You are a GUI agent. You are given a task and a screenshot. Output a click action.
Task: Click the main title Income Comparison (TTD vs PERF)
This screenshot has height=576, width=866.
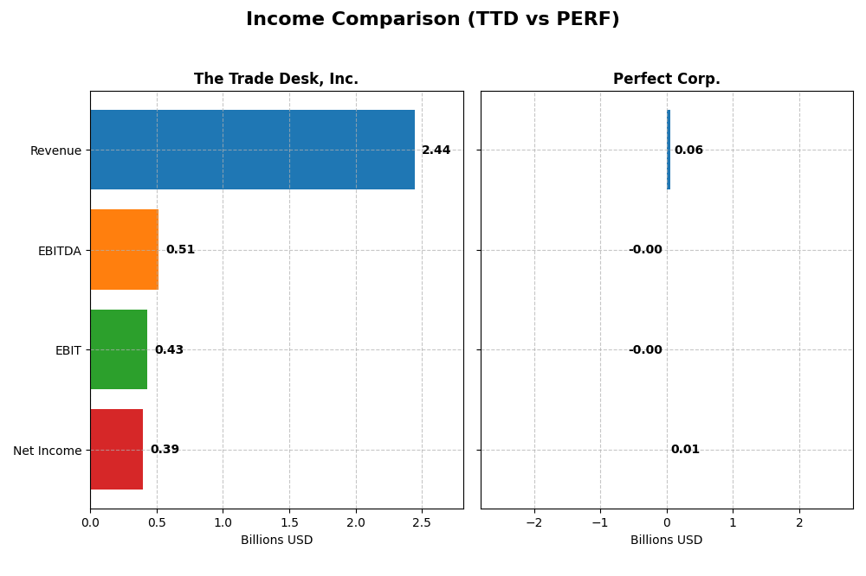click(x=432, y=19)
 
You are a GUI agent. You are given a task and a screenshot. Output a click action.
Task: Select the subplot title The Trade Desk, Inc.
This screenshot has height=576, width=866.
click(x=275, y=79)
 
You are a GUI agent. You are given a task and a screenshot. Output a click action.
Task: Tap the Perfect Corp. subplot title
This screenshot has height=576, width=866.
click(x=666, y=79)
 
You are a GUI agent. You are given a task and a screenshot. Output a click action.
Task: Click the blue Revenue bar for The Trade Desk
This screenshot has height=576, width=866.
click(x=252, y=150)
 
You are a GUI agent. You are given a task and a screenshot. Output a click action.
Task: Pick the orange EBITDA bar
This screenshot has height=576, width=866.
click(x=124, y=250)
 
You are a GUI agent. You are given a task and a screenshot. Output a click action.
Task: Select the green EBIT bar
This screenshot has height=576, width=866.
click(x=119, y=349)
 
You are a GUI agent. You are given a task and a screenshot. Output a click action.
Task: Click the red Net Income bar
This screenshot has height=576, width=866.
click(x=116, y=450)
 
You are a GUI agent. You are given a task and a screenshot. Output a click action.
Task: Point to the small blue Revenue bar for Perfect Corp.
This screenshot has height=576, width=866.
click(x=669, y=150)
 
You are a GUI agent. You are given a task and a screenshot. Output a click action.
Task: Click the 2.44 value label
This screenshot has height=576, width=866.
click(x=436, y=150)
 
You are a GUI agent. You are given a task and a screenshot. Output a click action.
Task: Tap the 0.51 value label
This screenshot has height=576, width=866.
click(x=180, y=250)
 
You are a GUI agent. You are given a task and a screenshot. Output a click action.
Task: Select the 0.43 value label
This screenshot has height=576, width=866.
click(x=169, y=350)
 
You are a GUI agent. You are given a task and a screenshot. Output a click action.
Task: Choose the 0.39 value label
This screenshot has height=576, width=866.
click(x=165, y=450)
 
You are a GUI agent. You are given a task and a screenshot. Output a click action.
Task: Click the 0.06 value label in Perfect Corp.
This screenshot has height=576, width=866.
click(x=688, y=150)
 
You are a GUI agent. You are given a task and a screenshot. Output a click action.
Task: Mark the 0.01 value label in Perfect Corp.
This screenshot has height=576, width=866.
click(x=685, y=450)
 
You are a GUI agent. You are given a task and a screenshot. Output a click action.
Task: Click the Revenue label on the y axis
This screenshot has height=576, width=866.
click(x=55, y=151)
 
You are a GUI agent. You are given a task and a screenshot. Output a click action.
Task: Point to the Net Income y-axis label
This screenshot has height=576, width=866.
click(x=48, y=451)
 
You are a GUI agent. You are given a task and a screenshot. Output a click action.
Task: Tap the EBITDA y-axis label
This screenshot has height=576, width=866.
click(x=59, y=252)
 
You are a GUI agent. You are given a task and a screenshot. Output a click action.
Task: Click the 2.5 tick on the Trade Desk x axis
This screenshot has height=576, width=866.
click(x=422, y=522)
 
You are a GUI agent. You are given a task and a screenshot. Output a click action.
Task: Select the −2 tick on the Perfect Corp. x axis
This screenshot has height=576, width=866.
click(x=533, y=522)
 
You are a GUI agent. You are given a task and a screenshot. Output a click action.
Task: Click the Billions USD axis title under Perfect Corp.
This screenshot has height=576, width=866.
click(x=666, y=541)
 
